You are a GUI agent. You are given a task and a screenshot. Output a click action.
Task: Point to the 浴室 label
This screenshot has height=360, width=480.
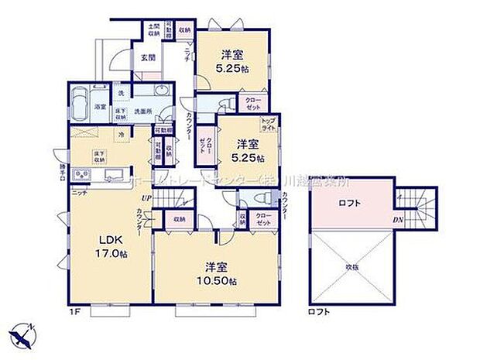pyautogui.click(x=100, y=106)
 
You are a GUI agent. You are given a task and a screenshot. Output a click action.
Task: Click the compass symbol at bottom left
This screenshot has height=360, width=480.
pyautogui.click(x=23, y=334)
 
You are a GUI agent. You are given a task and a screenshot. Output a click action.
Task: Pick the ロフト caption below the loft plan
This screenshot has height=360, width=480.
pyautogui.click(x=319, y=312)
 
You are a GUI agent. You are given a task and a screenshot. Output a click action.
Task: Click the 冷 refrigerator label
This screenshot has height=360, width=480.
pyautogui.click(x=121, y=135)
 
